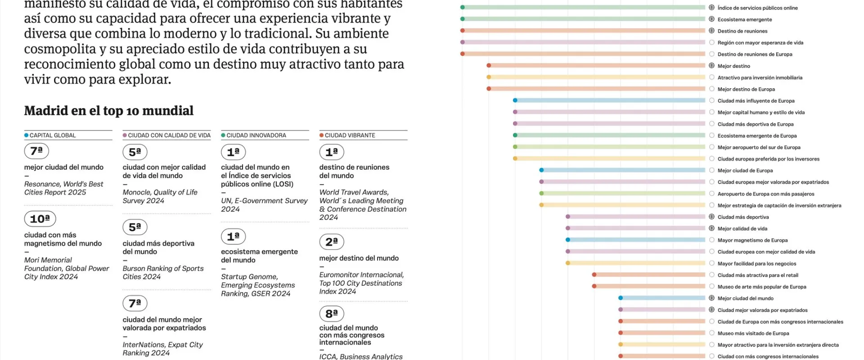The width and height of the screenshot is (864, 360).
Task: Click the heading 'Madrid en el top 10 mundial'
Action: tap(109, 111)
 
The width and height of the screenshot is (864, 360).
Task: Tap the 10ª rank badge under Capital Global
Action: tap(40, 219)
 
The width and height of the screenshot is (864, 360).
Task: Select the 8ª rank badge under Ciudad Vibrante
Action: tap(332, 314)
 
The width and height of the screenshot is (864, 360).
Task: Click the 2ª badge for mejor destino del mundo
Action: tap(332, 242)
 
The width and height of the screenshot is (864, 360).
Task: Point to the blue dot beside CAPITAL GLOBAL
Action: tap(27, 135)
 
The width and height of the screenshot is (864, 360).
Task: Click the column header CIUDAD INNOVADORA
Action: tap(256, 135)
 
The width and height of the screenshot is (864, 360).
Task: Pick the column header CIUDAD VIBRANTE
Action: tap(350, 135)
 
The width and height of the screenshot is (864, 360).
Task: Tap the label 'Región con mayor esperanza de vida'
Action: tap(760, 43)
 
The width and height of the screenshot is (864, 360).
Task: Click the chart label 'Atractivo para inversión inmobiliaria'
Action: tap(760, 78)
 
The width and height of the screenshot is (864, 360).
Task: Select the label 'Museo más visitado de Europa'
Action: tap(753, 333)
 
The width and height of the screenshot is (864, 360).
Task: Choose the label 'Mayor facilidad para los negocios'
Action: tap(756, 264)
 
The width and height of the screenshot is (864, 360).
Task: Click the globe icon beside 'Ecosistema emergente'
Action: tap(711, 19)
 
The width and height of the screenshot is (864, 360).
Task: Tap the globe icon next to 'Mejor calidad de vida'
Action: tap(711, 229)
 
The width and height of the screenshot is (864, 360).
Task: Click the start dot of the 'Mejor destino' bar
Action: tap(489, 66)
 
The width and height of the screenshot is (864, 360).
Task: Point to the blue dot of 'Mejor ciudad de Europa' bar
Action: tap(541, 170)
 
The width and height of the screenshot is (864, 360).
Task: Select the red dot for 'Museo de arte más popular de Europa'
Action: tap(594, 286)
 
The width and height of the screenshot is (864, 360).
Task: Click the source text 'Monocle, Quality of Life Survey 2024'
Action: tap(160, 197)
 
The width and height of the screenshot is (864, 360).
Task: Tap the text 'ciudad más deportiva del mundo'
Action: tap(158, 247)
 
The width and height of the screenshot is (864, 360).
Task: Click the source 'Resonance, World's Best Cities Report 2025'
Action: tap(63, 188)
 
